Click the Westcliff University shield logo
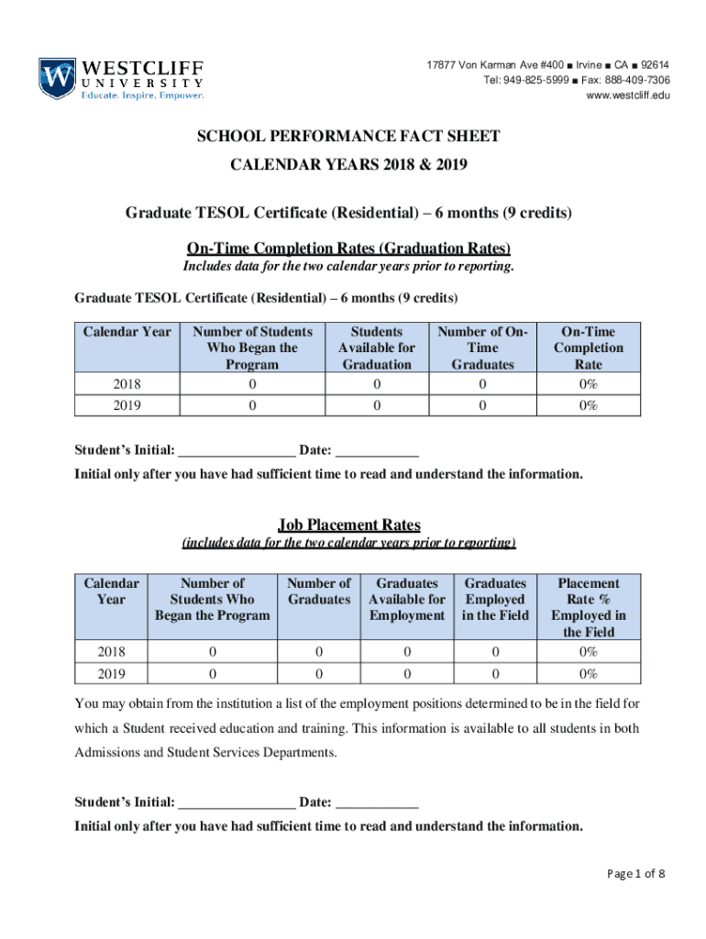56,79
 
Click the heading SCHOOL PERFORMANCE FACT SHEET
348,137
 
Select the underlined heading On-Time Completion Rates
348,249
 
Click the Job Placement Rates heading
349,525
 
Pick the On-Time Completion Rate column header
588,348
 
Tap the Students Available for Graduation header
376,348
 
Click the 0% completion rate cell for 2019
588,404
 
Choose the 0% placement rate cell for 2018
588,652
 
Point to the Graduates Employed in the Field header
495,599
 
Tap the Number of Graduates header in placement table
319,591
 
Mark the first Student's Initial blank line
237,450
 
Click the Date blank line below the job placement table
377,802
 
